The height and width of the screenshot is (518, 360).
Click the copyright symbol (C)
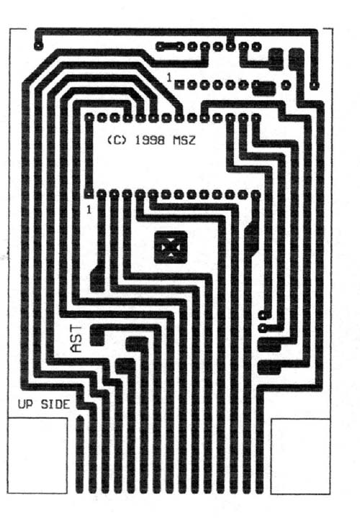coord(117,140)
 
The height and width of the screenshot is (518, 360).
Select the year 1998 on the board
coord(150,140)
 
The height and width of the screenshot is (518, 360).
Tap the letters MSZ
coord(184,140)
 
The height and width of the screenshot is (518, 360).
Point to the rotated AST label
coord(76,339)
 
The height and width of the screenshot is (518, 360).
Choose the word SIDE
coord(55,404)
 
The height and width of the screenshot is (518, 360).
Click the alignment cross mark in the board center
coord(171,247)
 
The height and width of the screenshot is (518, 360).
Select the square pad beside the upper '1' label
coord(179,85)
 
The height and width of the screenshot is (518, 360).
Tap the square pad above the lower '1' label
coord(89,194)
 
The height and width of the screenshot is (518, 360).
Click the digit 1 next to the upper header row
coord(169,78)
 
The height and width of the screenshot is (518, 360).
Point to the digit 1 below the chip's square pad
coord(89,210)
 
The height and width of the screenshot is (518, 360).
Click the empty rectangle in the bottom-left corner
coord(37,456)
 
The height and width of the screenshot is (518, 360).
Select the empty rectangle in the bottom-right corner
coord(300,456)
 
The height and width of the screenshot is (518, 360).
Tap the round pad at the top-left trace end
coord(39,45)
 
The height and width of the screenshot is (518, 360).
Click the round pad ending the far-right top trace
coord(315,86)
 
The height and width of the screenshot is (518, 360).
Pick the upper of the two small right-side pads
coord(263,315)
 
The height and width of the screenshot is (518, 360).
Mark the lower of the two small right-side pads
coord(263,328)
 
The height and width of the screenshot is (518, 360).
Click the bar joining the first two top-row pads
coord(170,46)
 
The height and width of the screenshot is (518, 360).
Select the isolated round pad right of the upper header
coord(286,85)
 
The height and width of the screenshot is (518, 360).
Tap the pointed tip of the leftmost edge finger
coord(80,416)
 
